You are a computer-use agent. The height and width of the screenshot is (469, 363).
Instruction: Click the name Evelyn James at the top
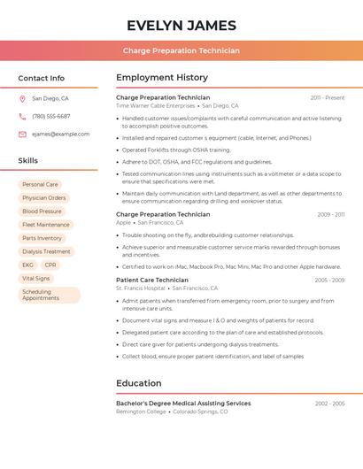[x=181, y=25]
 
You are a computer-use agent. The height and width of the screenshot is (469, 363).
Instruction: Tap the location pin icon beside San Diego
[x=22, y=99]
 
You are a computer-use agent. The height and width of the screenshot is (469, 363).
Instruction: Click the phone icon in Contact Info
[x=22, y=117]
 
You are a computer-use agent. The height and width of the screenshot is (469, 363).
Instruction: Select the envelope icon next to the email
[x=22, y=135]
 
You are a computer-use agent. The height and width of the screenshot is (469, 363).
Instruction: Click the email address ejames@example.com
[x=60, y=135]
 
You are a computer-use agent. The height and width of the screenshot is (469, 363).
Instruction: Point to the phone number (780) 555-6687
[x=51, y=117]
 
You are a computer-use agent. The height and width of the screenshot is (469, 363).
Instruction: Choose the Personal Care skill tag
[x=40, y=185]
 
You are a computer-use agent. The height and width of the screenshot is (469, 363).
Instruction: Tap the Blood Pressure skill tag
[x=42, y=211]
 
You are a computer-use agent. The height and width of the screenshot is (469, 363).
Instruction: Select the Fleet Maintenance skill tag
[x=45, y=225]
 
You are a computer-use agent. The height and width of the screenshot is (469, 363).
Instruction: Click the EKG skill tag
[x=28, y=265]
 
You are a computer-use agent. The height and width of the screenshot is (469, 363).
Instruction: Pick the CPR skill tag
[x=50, y=265]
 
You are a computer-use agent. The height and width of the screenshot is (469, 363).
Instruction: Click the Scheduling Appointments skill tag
[x=49, y=295]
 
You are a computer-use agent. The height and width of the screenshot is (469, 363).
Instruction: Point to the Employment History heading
[x=162, y=78]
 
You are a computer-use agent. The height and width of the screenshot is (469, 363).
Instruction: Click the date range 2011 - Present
[x=327, y=97]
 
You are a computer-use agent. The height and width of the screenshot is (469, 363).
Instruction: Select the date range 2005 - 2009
[x=329, y=280]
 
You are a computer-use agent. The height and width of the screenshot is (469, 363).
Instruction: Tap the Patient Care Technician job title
[x=152, y=280]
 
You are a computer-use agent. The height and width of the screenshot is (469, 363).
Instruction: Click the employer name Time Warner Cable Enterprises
[x=155, y=106]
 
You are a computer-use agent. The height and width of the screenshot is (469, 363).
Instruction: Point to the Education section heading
[x=138, y=383]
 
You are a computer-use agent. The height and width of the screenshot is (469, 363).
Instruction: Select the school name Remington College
[x=141, y=411]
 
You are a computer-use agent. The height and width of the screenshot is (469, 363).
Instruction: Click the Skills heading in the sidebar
[x=28, y=161]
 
